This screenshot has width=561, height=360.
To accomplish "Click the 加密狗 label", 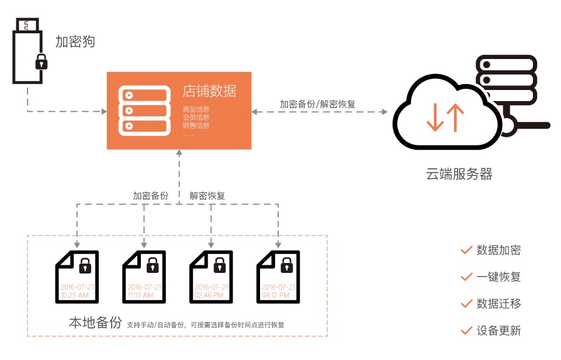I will (x=75, y=41).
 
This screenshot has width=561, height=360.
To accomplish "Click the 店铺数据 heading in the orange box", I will (x=209, y=92).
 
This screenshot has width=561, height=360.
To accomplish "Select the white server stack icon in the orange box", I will (x=142, y=110).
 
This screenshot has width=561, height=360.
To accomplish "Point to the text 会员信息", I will (x=196, y=117).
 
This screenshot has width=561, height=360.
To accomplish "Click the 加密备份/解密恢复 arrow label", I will (x=318, y=104).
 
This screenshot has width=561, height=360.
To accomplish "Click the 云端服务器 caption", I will (x=459, y=174).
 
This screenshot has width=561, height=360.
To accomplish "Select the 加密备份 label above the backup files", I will (x=151, y=196).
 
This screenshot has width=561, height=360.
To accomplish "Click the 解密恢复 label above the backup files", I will (x=207, y=196).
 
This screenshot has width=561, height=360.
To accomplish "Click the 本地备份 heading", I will (x=95, y=323).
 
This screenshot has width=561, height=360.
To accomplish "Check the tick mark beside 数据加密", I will (x=466, y=250).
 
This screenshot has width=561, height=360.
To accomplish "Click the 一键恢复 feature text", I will (x=498, y=276).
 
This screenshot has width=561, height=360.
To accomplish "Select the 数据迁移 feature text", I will (x=498, y=303).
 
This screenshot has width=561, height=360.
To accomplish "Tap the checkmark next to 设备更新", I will (x=466, y=330).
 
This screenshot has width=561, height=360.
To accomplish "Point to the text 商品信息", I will (x=196, y=109).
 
